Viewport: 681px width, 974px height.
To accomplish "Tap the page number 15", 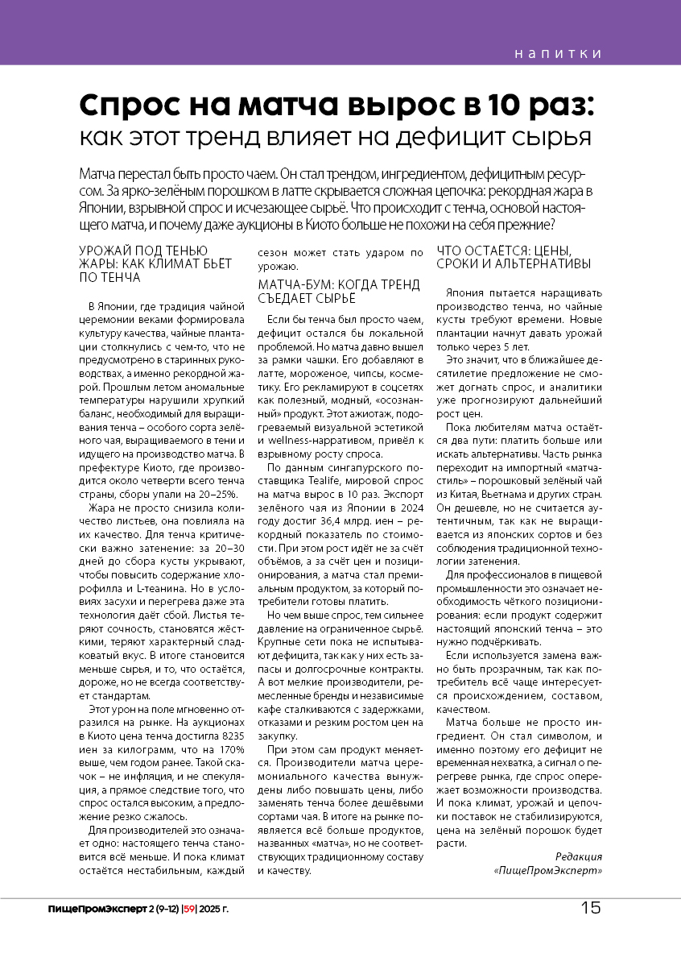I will [590, 909].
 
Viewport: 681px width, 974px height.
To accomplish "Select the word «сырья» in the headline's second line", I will [558, 137].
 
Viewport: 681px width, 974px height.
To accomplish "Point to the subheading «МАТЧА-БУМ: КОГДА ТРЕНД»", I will [339, 284].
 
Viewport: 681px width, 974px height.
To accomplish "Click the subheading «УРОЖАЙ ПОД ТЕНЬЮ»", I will [144, 251].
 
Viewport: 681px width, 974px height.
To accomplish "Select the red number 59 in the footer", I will [189, 910].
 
